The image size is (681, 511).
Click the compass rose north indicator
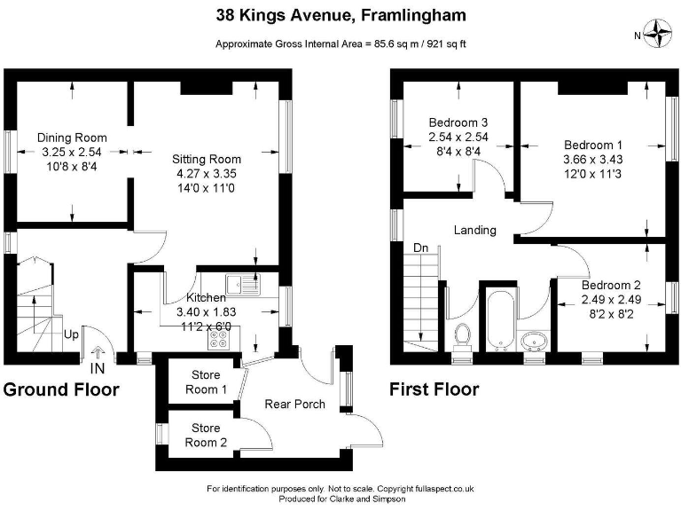tap(658, 35)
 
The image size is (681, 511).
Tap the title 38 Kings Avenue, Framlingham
tap(341, 15)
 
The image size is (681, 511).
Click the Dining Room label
tap(72, 138)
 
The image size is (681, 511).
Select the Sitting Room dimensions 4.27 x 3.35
tap(207, 174)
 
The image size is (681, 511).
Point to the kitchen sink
tap(240, 285)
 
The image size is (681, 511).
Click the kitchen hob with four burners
tap(218, 336)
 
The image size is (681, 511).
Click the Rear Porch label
tap(295, 405)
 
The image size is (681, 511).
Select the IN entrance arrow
tap(97, 360)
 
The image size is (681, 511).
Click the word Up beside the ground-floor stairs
tap(69, 335)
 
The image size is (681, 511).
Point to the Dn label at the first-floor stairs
tap(421, 248)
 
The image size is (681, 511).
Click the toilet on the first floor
tap(461, 336)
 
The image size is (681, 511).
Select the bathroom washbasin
tap(534, 341)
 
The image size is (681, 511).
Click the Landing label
tap(474, 230)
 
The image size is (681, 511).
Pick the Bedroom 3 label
tap(458, 122)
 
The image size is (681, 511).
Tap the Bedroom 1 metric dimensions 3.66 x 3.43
tap(593, 159)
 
